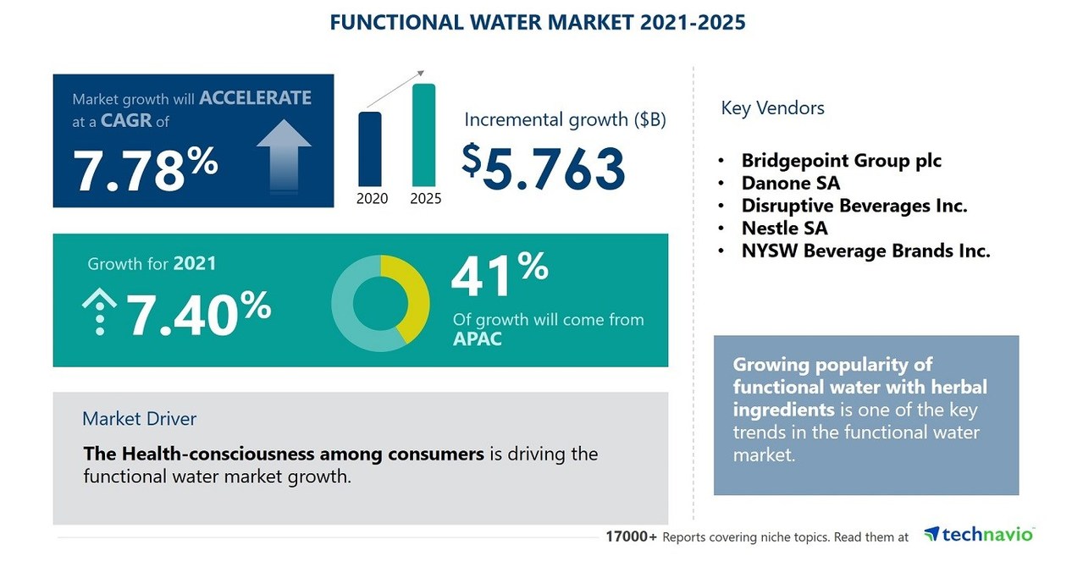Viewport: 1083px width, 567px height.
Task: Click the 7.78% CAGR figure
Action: click(146, 168)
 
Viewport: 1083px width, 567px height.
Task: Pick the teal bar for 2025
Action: click(423, 135)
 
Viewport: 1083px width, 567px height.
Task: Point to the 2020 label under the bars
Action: click(372, 198)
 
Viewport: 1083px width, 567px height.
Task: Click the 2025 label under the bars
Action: click(425, 198)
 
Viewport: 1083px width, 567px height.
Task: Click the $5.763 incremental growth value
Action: click(544, 167)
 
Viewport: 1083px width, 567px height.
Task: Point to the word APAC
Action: click(478, 340)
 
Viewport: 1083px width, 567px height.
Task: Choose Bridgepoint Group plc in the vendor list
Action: click(841, 160)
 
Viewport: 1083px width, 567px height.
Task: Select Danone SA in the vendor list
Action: click(790, 183)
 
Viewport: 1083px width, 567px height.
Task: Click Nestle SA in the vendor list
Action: click(784, 228)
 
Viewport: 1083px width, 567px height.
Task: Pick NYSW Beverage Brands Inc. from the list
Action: click(865, 250)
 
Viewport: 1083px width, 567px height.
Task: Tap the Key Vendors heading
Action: click(772, 107)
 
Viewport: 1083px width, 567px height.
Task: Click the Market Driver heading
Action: click(139, 418)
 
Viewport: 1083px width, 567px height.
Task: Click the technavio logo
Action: click(979, 534)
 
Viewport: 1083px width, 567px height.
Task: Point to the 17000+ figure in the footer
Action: click(631, 537)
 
